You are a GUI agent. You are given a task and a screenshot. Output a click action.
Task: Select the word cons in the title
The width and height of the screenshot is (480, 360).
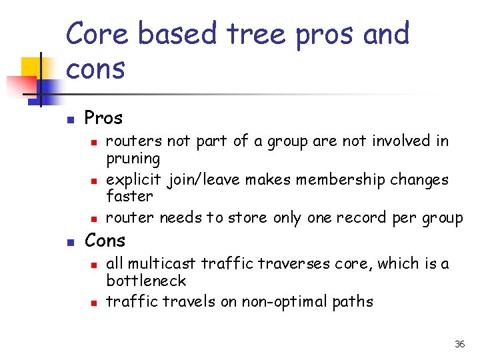(96, 69)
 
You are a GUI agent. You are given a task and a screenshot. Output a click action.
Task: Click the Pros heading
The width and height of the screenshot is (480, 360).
(103, 119)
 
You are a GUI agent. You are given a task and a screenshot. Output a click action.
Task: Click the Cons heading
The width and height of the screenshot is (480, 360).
(105, 240)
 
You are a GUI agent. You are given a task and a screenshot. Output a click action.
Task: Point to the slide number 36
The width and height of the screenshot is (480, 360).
(459, 344)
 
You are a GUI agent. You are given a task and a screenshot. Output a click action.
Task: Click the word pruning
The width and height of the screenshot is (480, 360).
(133, 159)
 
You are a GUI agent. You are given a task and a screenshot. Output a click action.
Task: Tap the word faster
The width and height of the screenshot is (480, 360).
(130, 197)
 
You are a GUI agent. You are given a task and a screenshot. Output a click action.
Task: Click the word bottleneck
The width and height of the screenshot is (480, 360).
(146, 281)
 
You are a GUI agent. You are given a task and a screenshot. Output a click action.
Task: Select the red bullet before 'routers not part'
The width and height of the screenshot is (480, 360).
(95, 142)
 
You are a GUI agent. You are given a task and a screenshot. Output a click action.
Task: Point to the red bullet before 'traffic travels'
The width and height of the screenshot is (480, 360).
(95, 303)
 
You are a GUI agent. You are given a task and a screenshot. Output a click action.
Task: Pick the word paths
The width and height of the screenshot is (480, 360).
(353, 301)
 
